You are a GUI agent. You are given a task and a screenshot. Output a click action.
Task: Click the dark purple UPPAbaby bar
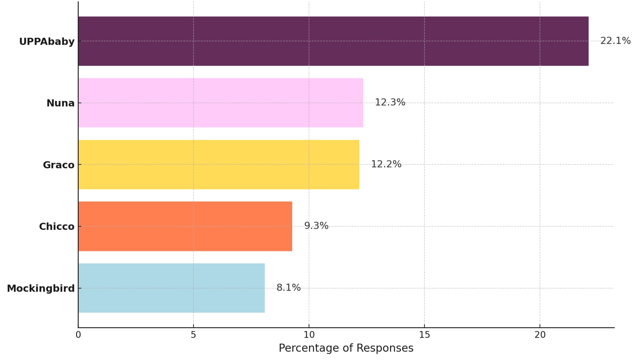click(333, 41)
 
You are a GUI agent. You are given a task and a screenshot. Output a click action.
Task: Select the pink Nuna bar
click(220, 102)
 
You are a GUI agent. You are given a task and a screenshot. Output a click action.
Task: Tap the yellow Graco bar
click(218, 164)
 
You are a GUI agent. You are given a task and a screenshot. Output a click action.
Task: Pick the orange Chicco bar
click(185, 226)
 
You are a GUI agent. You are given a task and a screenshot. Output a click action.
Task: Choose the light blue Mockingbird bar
click(171, 288)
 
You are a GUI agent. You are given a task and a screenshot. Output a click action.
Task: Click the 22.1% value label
click(615, 41)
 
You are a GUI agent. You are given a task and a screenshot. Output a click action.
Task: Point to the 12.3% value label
click(390, 102)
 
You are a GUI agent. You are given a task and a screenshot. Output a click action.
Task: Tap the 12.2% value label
click(386, 164)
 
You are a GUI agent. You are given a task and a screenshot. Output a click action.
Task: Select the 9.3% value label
click(316, 226)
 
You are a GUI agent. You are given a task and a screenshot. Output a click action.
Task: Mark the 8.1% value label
click(288, 287)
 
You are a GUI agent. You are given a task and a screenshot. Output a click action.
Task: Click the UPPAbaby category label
click(47, 42)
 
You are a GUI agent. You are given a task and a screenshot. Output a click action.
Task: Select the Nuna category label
click(60, 103)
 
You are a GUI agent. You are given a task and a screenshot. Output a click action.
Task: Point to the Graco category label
click(58, 165)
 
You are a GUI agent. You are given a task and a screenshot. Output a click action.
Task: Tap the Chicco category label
click(56, 227)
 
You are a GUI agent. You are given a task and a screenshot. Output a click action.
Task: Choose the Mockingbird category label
click(41, 288)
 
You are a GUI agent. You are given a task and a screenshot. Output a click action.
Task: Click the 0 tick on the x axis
click(78, 335)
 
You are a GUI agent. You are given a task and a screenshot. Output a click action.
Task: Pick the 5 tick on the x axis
click(193, 335)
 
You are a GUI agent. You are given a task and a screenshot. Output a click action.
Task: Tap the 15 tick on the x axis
click(424, 335)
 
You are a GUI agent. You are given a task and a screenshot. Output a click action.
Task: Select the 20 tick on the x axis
click(540, 335)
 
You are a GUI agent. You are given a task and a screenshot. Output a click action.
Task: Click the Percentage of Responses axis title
click(346, 348)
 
